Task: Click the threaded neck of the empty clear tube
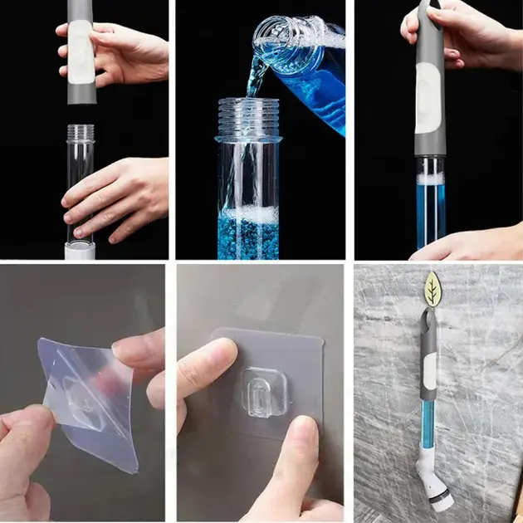point(81,134)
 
